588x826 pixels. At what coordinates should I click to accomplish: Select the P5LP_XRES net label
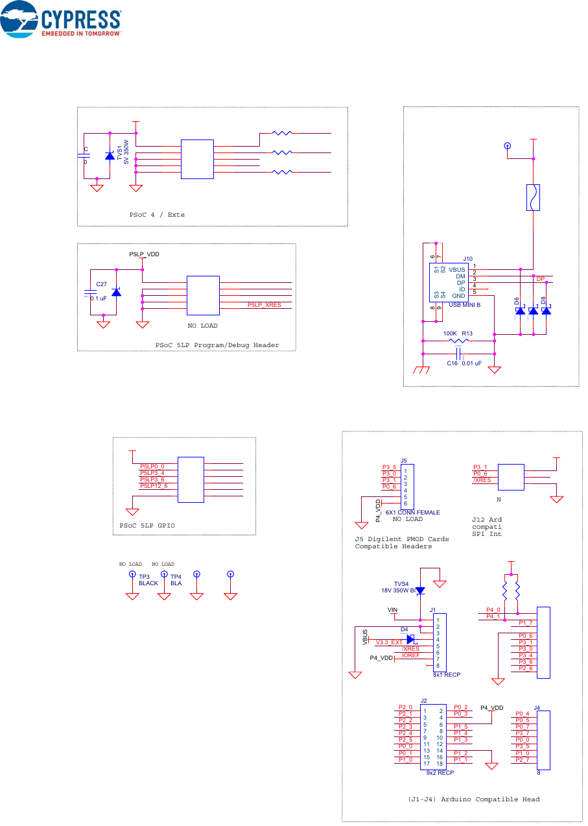coord(265,305)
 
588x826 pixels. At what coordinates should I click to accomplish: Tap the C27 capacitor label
coord(101,284)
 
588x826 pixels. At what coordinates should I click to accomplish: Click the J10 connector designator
coord(468,259)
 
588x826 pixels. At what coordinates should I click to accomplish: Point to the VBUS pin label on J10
coord(458,269)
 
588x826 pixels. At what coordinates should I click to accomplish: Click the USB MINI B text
coord(464,305)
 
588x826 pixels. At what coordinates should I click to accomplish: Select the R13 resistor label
coord(467,334)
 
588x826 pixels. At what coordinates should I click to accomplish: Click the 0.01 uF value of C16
coord(471,364)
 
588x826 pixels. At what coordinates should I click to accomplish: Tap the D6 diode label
coord(517,302)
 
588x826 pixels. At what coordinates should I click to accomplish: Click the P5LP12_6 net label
coord(154,486)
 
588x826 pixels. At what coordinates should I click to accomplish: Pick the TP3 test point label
coord(144,576)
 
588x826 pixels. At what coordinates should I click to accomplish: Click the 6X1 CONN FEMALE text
coord(412,513)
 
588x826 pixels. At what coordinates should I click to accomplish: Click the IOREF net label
coord(410,655)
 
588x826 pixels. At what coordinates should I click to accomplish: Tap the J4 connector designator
coord(537,707)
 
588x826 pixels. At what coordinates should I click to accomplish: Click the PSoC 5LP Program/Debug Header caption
coord(217,345)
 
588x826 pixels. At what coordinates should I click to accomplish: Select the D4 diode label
coord(404,629)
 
